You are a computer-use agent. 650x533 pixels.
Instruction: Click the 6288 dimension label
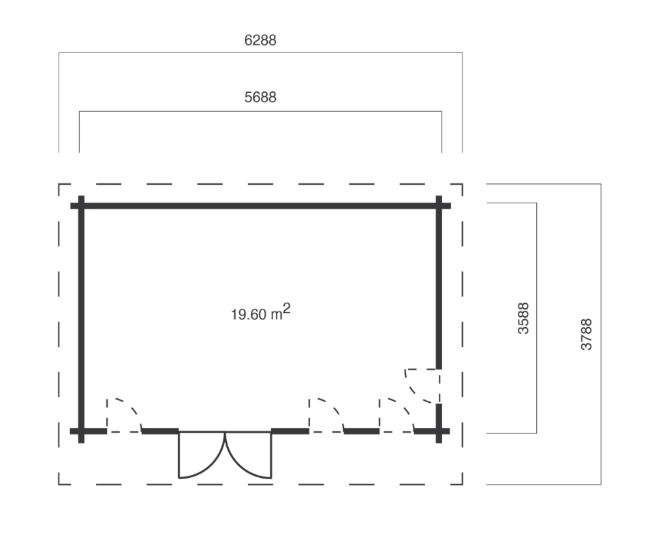coord(260,41)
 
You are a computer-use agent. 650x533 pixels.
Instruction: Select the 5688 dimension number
coord(260,97)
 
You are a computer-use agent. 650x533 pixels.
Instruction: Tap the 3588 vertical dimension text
coord(524,318)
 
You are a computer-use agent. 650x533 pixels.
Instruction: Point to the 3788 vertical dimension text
coord(587,334)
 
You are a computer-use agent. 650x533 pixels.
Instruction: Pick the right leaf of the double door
coord(249,455)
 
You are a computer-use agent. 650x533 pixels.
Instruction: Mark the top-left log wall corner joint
coord(81,205)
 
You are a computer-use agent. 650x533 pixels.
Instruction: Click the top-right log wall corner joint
coord(439,205)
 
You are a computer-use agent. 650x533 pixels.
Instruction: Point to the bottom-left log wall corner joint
coord(81,431)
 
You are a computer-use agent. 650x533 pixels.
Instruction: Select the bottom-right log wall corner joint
coord(439,431)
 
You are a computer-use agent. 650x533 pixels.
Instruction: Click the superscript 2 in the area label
coord(288,309)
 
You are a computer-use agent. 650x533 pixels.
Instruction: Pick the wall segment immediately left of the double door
coord(159,431)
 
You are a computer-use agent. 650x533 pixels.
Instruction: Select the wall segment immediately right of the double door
coord(290,431)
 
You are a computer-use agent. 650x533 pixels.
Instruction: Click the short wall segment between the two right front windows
coord(361,431)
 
